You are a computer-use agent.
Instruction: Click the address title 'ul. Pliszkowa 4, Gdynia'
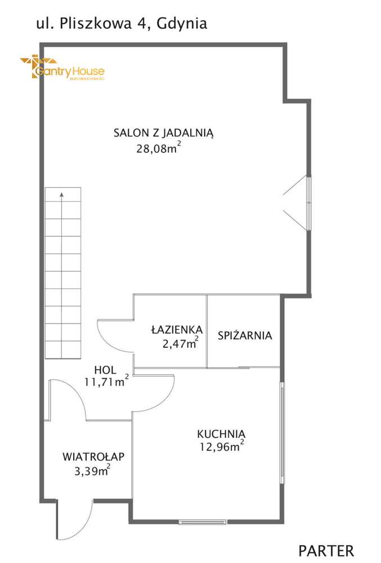point(121,23)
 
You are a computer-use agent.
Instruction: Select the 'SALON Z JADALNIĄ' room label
point(163,134)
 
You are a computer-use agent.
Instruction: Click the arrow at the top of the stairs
point(61,195)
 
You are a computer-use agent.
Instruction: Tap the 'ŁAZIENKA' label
point(177,330)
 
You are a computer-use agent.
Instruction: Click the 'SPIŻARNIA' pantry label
point(245,335)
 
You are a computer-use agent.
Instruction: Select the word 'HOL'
point(105,370)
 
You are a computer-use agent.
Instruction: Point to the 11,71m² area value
point(106,382)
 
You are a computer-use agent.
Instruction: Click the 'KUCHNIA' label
point(221,434)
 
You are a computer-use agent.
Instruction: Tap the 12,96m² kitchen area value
point(221,447)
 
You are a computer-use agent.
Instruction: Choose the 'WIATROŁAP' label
point(93,456)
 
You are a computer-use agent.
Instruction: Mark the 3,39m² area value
point(92,471)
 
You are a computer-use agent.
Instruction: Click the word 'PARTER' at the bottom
point(326,550)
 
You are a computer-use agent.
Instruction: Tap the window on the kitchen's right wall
point(282,432)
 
